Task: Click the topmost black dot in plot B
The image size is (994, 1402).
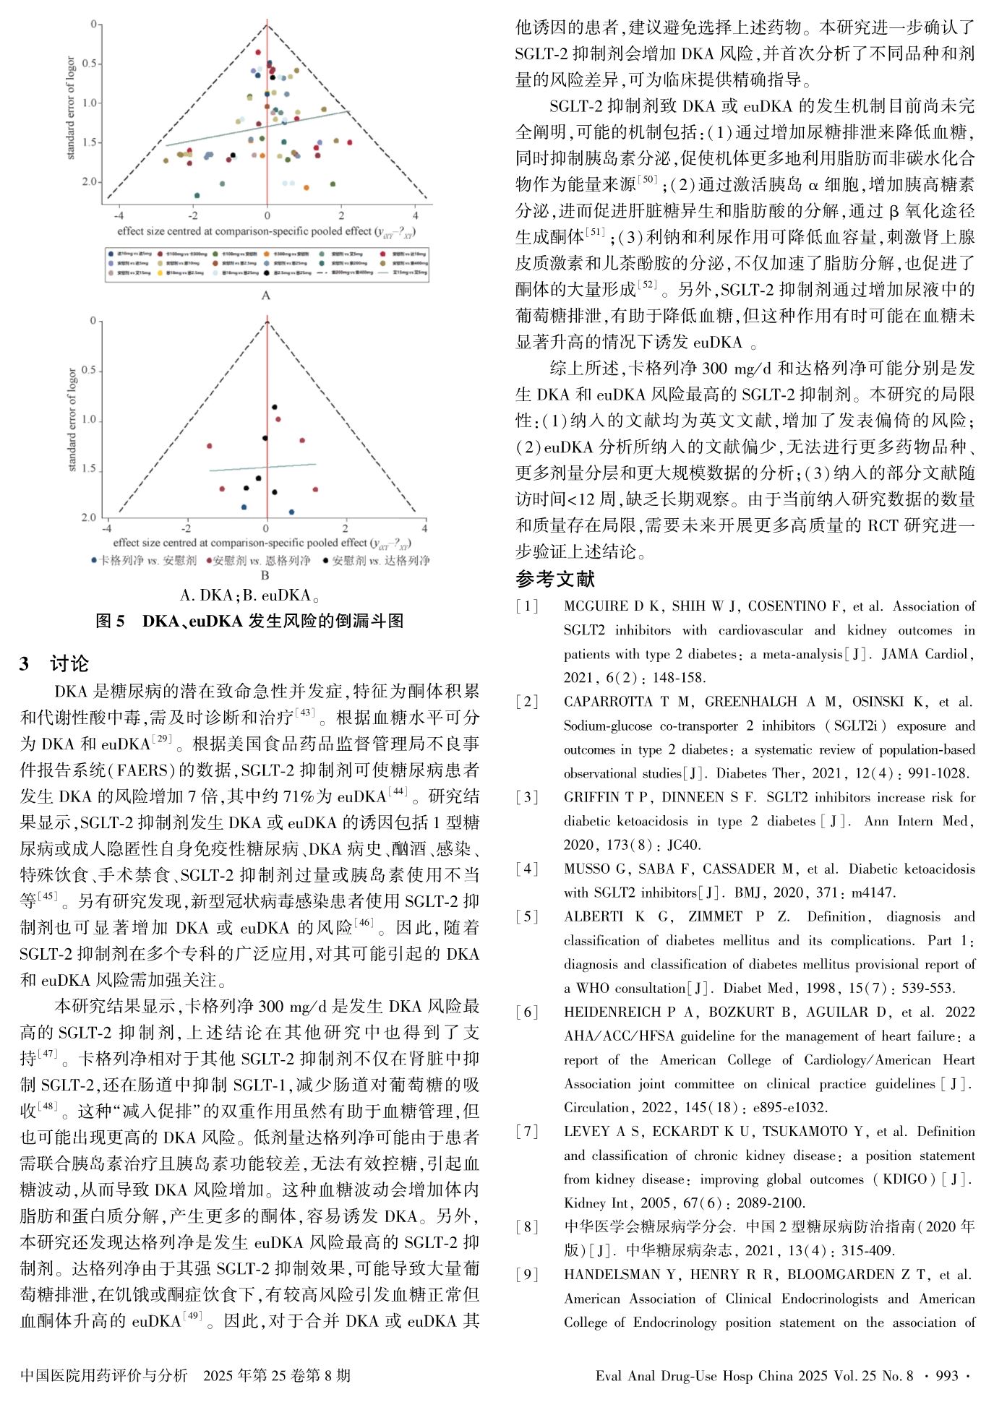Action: pyautogui.click(x=274, y=407)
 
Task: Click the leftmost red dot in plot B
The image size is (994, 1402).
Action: pyautogui.click(x=210, y=446)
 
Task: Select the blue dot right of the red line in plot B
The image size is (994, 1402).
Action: pyautogui.click(x=291, y=512)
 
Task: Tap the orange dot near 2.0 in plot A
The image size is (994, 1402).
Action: pyautogui.click(x=307, y=187)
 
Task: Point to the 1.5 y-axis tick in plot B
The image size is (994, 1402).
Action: pyautogui.click(x=88, y=469)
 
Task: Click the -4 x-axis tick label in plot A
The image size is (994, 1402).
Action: pyautogui.click(x=119, y=215)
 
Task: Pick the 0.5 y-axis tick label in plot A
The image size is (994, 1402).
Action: pyautogui.click(x=88, y=64)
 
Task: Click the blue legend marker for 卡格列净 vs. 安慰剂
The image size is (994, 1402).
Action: pyautogui.click(x=94, y=560)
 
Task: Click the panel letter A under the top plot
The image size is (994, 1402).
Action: pyautogui.click(x=265, y=295)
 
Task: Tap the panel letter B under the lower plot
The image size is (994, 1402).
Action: pyautogui.click(x=265, y=575)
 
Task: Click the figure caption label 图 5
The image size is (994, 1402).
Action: pyautogui.click(x=111, y=621)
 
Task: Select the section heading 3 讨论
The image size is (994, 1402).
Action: pyautogui.click(x=54, y=663)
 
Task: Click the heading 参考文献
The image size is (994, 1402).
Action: pyautogui.click(x=555, y=579)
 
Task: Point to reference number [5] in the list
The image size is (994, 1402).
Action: pyautogui.click(x=527, y=916)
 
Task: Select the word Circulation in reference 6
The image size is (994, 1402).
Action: pyautogui.click(x=596, y=1107)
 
